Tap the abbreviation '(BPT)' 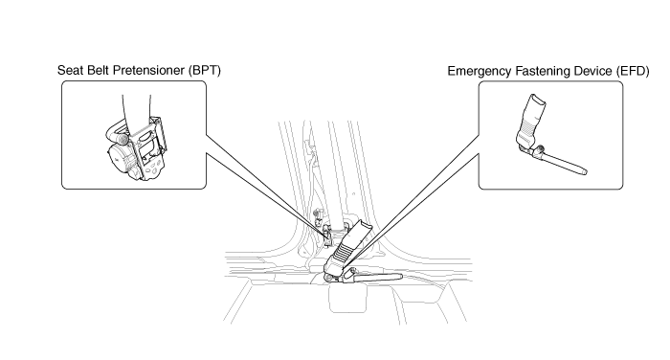click(205, 70)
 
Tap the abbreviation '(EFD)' click(633, 71)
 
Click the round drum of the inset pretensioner click(117, 157)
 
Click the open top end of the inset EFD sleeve click(538, 100)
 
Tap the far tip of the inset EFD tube click(584, 172)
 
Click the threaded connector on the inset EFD click(539, 149)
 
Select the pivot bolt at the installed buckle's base click(328, 278)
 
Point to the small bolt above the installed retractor click(317, 213)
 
